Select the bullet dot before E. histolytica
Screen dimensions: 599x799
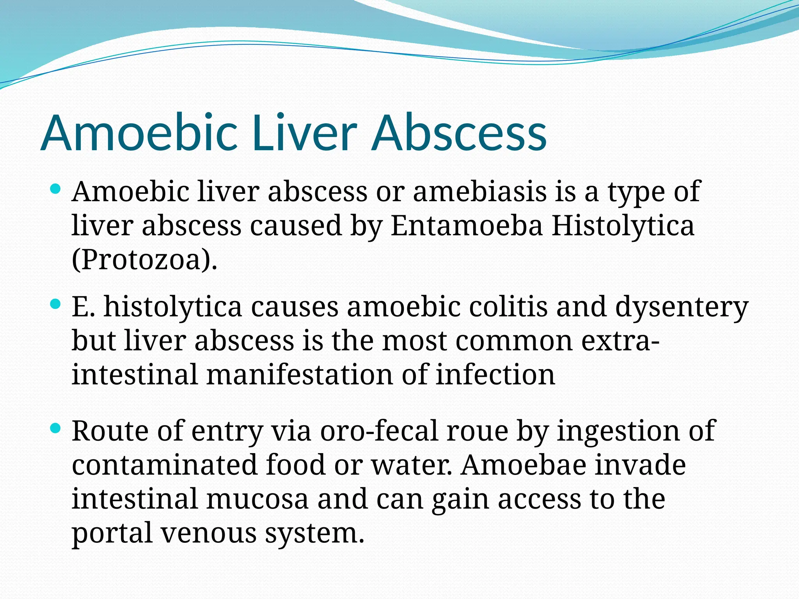(x=56, y=304)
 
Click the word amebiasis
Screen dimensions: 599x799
(x=479, y=192)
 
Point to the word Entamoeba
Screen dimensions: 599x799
(x=467, y=226)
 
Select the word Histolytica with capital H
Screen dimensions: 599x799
(x=623, y=226)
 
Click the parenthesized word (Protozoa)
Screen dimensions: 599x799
(x=144, y=260)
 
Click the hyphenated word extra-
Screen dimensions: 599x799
(x=620, y=341)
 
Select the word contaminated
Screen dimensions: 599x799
(x=164, y=465)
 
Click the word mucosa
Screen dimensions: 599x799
(x=257, y=499)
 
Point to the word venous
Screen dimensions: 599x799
(x=209, y=533)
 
